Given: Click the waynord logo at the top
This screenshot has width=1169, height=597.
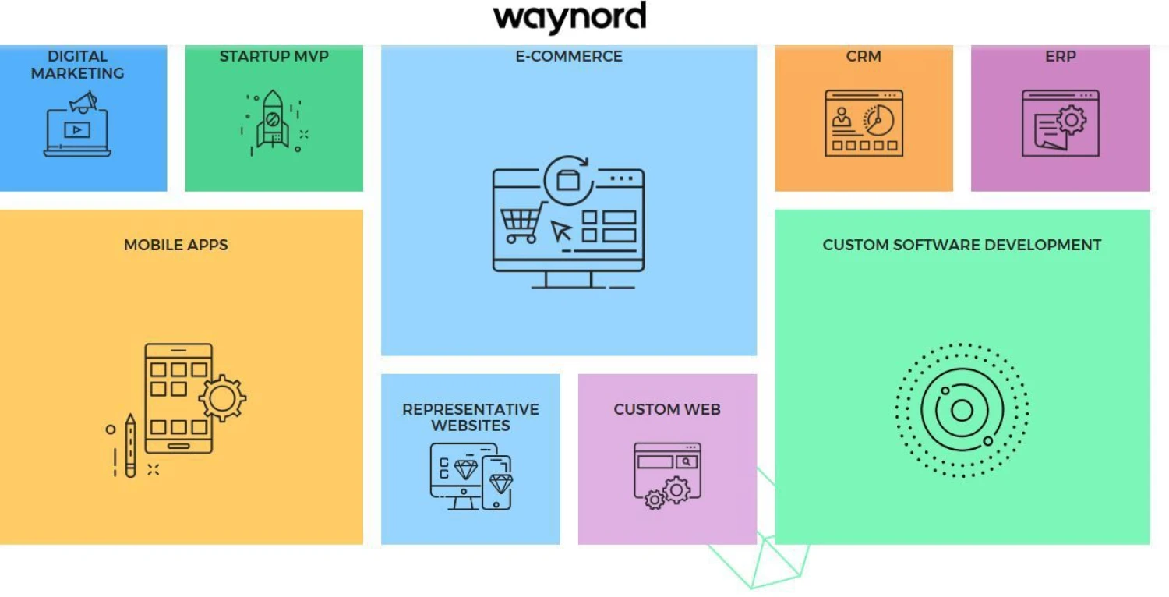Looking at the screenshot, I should (x=570, y=18).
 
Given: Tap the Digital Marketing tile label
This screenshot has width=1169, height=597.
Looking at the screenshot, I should (x=77, y=65).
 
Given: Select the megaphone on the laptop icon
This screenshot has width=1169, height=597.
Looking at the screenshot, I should (x=83, y=102).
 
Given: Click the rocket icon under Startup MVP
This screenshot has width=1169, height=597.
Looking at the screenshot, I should (x=273, y=121).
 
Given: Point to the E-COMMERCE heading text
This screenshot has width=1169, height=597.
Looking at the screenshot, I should (x=569, y=56).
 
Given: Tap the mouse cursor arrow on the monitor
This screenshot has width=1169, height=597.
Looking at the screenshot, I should (x=561, y=231).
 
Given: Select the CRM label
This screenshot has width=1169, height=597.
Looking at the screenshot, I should (x=864, y=56).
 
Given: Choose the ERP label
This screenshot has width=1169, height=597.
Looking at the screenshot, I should (x=1060, y=56).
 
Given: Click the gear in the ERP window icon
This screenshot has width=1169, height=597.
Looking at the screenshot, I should (x=1072, y=120).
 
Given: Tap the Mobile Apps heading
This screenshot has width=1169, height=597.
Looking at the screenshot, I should (x=176, y=245).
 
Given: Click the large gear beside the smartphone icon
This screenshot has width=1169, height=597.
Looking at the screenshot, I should (x=222, y=398).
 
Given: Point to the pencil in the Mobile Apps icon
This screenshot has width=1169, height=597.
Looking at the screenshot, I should (x=130, y=445).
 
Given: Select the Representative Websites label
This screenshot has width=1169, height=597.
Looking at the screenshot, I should (x=471, y=417).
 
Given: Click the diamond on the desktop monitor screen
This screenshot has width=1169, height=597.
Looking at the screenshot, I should (x=465, y=469).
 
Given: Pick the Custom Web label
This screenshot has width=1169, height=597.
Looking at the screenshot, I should (x=667, y=409).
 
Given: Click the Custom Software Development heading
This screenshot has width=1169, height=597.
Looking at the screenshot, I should (x=962, y=245).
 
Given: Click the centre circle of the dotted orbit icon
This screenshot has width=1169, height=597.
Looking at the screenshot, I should (x=962, y=410).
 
